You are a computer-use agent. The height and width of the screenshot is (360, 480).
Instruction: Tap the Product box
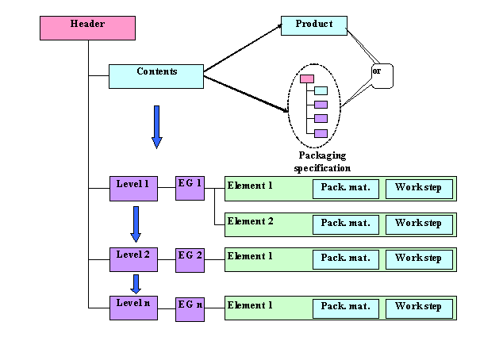click(314, 25)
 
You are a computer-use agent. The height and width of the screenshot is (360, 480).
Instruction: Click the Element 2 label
click(251, 221)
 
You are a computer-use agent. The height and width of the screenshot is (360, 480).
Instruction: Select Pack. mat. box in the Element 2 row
click(345, 224)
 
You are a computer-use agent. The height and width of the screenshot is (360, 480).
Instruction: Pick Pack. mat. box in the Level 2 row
click(345, 259)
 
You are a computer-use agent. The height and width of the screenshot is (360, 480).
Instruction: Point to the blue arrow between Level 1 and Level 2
click(136, 224)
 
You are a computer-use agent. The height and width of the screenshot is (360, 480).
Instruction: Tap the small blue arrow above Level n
click(136, 284)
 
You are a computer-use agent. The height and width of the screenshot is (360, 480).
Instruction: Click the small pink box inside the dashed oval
click(307, 79)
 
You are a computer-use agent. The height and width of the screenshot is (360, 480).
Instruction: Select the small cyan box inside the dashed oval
click(321, 91)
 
